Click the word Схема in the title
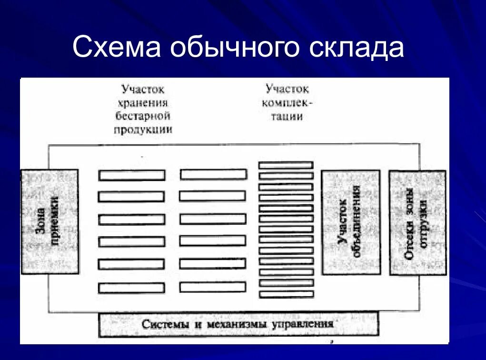[x=117, y=48]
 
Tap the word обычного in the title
[x=235, y=49]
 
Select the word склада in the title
[x=357, y=49]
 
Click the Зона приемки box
[x=50, y=221]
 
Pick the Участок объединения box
[x=351, y=222]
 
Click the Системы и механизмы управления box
[x=238, y=324]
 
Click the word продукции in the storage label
[x=143, y=130]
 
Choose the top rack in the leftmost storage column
[x=132, y=175]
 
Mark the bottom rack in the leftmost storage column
[x=132, y=288]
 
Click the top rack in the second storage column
[x=213, y=174]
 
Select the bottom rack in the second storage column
[x=213, y=287]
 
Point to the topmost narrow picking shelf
[x=286, y=165]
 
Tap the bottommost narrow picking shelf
[x=287, y=294]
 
